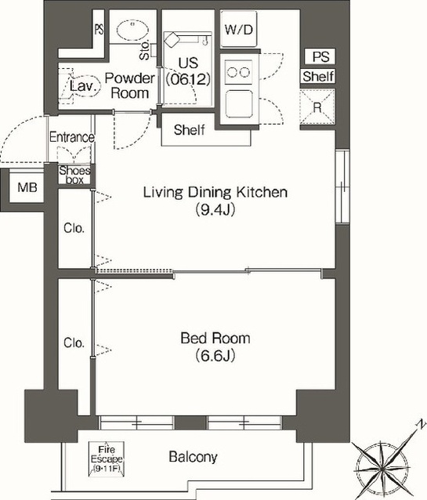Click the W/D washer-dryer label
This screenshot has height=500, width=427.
(x=238, y=30)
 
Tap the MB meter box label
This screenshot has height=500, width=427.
(x=27, y=187)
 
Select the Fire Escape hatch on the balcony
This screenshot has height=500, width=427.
(x=107, y=459)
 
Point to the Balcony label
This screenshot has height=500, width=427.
(x=193, y=457)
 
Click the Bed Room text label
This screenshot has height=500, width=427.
(x=215, y=338)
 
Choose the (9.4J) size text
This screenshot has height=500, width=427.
(x=215, y=209)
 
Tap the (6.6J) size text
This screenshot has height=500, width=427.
(x=215, y=355)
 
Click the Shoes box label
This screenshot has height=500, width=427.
(x=74, y=175)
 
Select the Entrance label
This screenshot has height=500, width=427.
(x=72, y=137)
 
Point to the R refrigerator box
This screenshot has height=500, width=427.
(x=317, y=107)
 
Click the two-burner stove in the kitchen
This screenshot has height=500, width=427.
(x=238, y=72)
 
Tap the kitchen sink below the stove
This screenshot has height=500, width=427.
(x=239, y=104)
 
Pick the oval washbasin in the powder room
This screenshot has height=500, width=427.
(x=132, y=31)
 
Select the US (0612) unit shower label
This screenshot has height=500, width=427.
(x=188, y=71)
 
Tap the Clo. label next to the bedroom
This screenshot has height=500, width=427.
(x=74, y=342)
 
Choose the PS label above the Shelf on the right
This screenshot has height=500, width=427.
(x=320, y=56)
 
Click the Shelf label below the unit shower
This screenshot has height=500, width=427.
(x=190, y=130)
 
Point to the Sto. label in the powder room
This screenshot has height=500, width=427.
(x=144, y=50)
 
